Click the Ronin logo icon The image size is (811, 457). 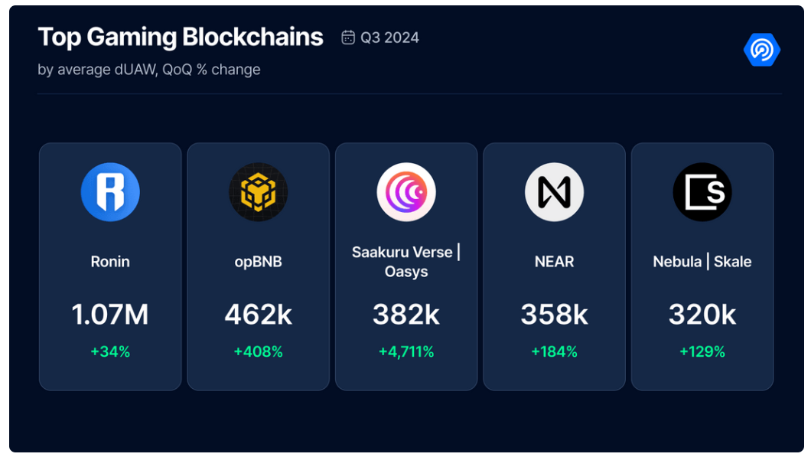pyautogui.click(x=110, y=192)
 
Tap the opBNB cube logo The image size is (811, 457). pyautogui.click(x=258, y=192)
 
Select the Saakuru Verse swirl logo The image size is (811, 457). pyautogui.click(x=406, y=192)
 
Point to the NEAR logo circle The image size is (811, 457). pyautogui.click(x=554, y=192)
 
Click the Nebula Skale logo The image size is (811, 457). pyautogui.click(x=702, y=192)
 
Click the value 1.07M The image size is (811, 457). pyautogui.click(x=110, y=315)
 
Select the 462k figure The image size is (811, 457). pyautogui.click(x=258, y=315)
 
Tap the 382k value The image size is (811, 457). pyautogui.click(x=406, y=315)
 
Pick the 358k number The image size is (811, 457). pyautogui.click(x=554, y=315)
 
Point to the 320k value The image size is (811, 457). pyautogui.click(x=702, y=315)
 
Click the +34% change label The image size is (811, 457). pyautogui.click(x=110, y=352)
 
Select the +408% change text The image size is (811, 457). pyautogui.click(x=258, y=352)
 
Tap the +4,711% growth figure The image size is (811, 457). pyautogui.click(x=406, y=352)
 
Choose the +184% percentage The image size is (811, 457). pyautogui.click(x=554, y=352)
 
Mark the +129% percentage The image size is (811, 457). pyautogui.click(x=702, y=352)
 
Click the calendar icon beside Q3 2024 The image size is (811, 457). pyautogui.click(x=348, y=38)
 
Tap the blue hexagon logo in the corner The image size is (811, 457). pyautogui.click(x=761, y=50)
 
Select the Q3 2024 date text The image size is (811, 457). pyautogui.click(x=389, y=38)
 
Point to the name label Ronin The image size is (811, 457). pyautogui.click(x=110, y=262)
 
